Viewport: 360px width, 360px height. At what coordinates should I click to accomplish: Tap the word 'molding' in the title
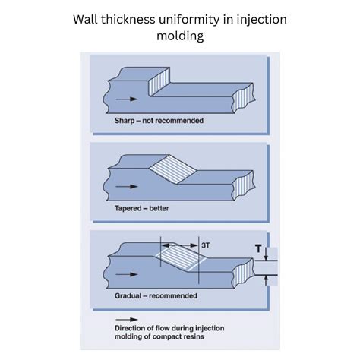pos(180,35)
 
